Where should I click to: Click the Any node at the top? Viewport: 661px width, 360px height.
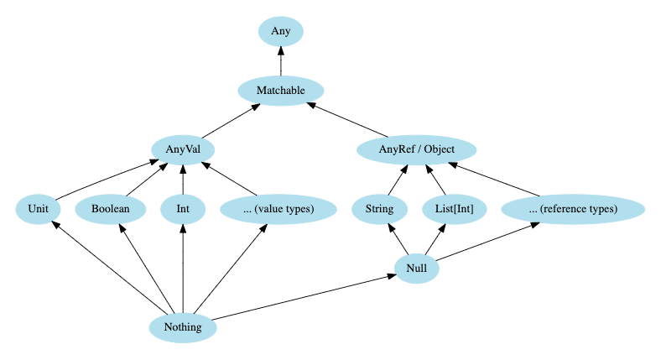[x=280, y=32]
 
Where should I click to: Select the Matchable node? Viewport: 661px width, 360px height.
[x=280, y=91]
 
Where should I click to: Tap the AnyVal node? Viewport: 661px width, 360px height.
[x=182, y=149]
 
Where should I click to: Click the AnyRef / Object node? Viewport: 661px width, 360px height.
[x=417, y=150]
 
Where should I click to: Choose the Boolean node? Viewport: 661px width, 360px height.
[x=110, y=209]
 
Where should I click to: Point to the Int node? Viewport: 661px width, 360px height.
[x=182, y=209]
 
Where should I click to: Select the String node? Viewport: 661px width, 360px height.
[x=374, y=209]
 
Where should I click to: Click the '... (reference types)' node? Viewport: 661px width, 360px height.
[x=572, y=209]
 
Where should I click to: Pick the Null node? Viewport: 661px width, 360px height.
[x=417, y=268]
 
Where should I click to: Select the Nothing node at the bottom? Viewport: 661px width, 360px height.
[x=182, y=326]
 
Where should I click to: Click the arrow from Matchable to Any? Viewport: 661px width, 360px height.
[x=280, y=61]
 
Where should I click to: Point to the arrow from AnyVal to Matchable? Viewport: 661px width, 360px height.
[x=231, y=120]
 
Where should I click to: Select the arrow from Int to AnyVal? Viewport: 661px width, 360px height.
[x=182, y=180]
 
